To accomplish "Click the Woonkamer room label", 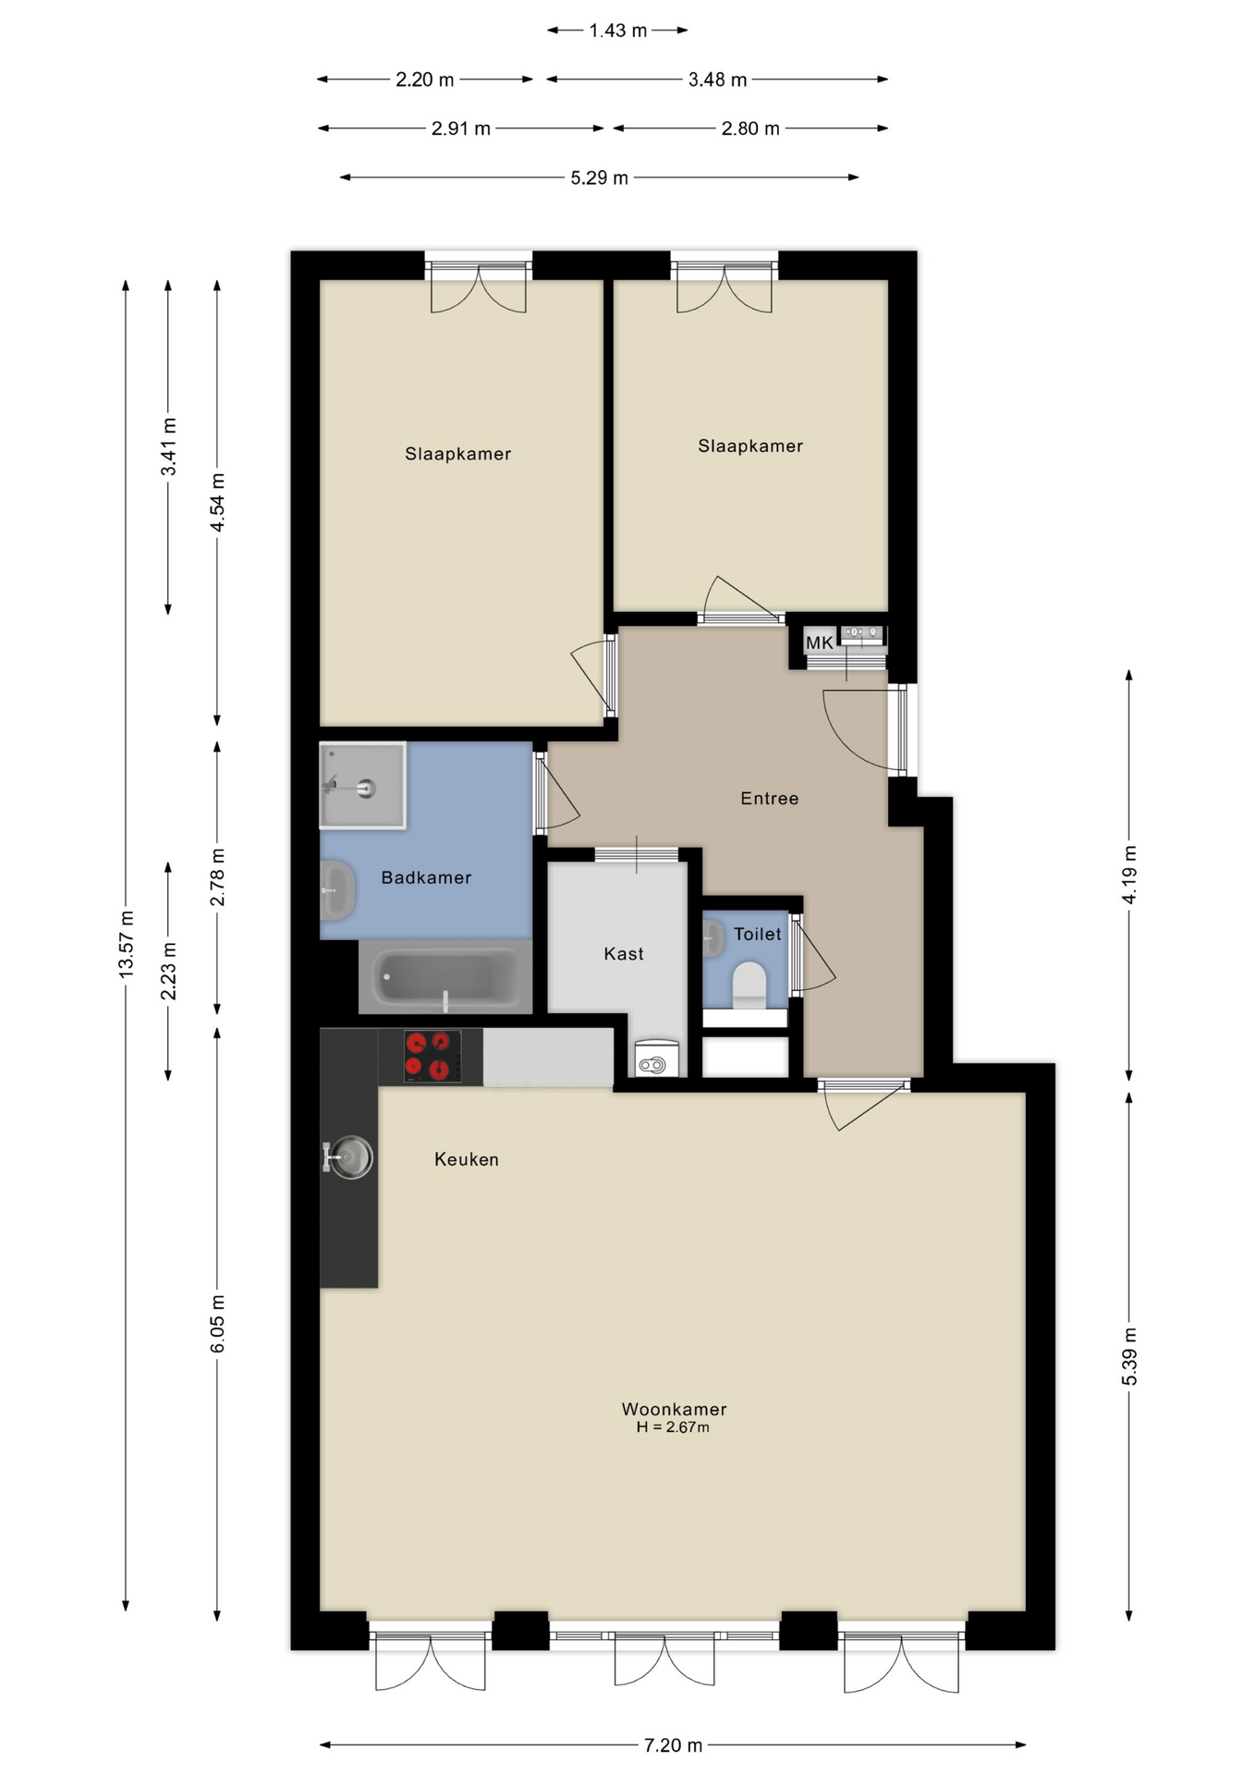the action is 674,1409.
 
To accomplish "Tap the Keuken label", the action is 467,1159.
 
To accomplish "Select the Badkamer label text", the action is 426,877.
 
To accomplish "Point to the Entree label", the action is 770,798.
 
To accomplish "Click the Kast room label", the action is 624,953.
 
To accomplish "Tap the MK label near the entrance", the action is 819,643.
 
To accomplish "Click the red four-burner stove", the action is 433,1056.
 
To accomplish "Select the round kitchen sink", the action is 350,1157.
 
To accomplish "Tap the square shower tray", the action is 362,785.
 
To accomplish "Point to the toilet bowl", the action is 749,985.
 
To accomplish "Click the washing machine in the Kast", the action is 657,1059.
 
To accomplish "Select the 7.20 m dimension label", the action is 673,1745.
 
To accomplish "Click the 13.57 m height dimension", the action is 127,944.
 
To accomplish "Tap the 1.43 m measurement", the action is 618,31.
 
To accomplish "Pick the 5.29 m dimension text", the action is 599,177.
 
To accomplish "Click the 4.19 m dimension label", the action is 1129,875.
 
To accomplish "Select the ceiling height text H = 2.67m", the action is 673,1427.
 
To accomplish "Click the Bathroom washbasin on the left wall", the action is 337,890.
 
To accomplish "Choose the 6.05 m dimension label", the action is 218,1324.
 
